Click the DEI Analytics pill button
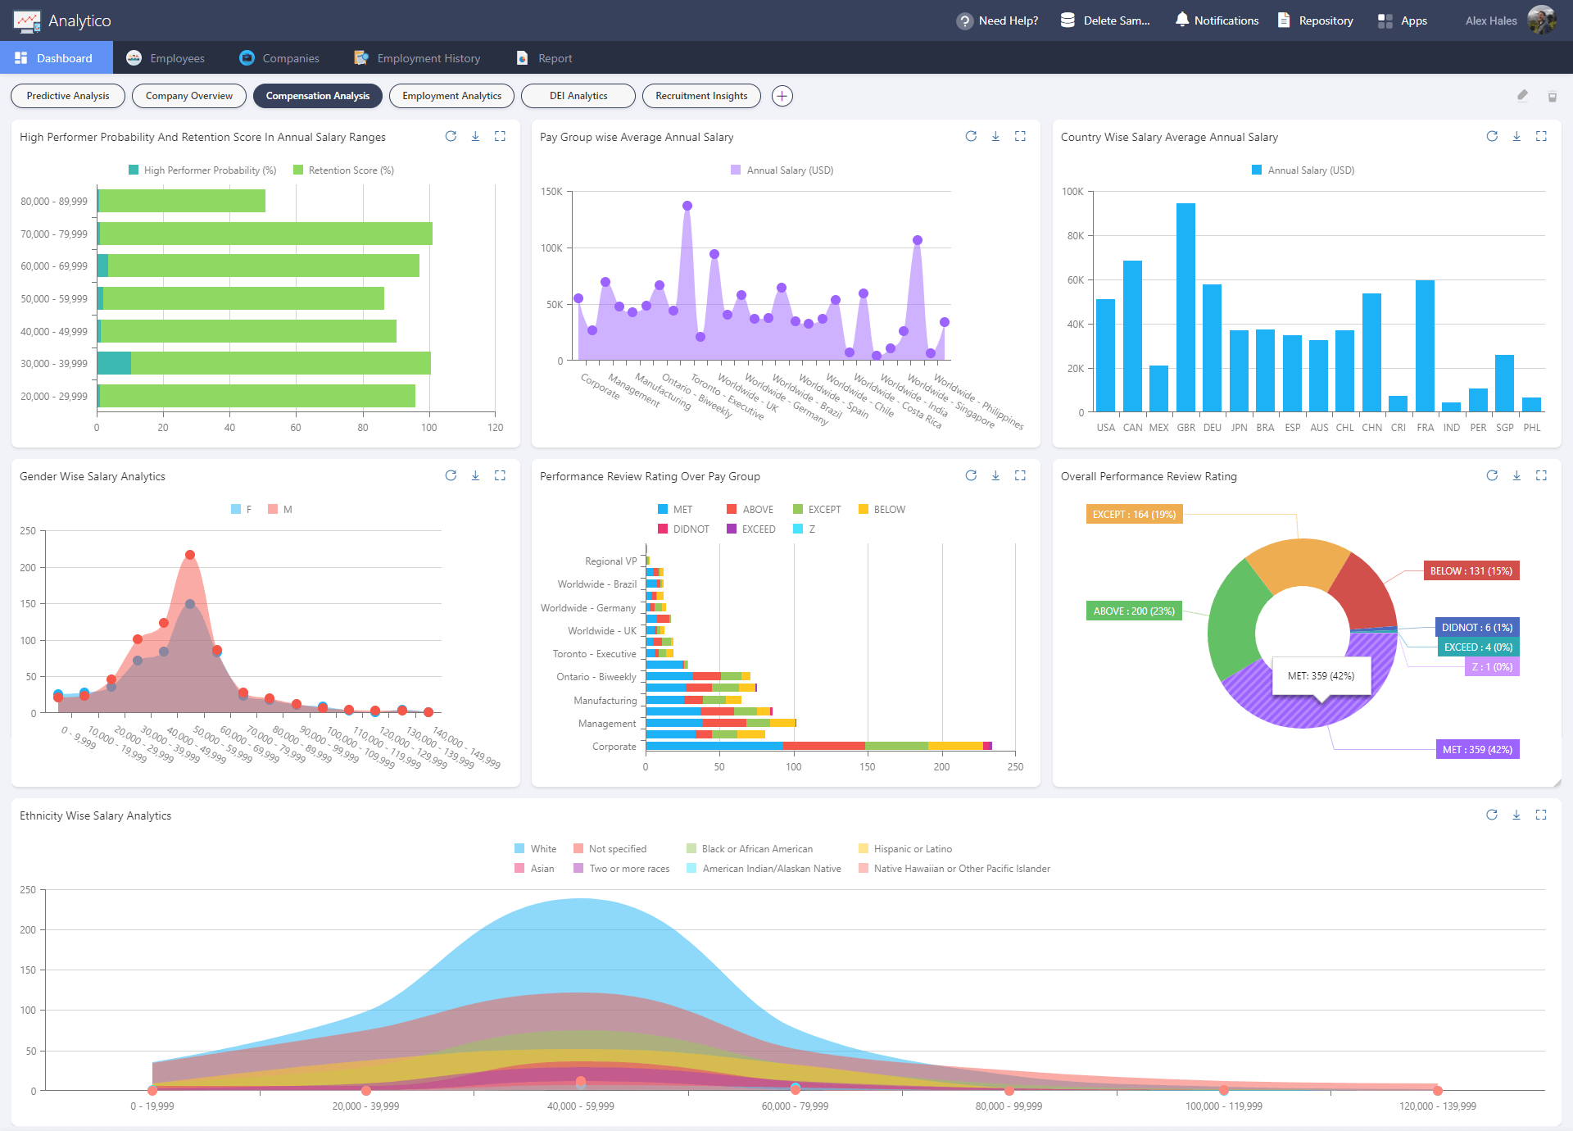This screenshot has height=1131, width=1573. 578,96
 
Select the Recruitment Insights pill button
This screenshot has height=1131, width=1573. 701,96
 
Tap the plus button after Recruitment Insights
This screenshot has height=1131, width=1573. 782,96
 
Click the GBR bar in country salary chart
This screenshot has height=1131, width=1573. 1185,307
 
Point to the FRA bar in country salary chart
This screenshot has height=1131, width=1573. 1425,345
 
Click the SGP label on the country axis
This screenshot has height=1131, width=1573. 1504,428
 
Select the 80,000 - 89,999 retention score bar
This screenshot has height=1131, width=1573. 182,201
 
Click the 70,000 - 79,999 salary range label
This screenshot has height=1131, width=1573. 54,234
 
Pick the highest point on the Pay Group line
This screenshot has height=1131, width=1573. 687,206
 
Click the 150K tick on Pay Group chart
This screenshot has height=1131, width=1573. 551,192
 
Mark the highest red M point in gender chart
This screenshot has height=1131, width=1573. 190,555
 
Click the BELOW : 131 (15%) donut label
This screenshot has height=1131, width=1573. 1471,571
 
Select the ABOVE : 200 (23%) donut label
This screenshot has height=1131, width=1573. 1133,611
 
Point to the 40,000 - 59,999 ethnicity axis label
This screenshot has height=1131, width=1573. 580,1106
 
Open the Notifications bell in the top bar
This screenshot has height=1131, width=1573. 1217,20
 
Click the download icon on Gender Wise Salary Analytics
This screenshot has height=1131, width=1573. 475,476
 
